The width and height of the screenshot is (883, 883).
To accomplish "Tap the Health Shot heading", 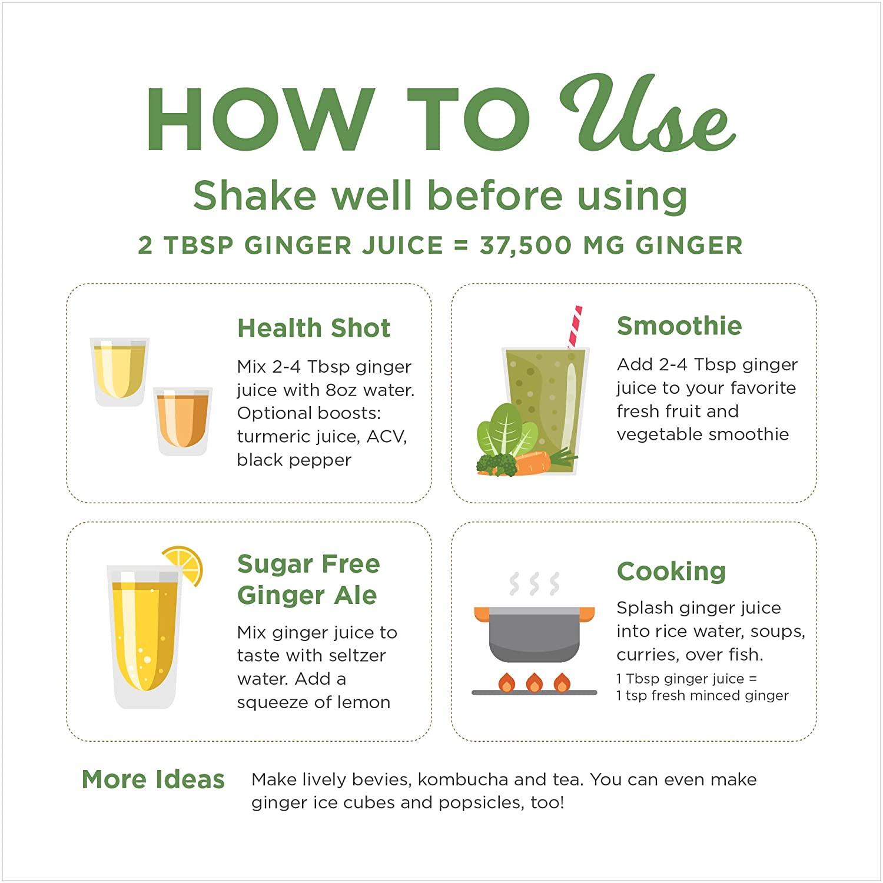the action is click(314, 328).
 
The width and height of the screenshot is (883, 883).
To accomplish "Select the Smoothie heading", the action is click(679, 326).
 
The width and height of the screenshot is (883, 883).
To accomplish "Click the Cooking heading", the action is click(671, 572).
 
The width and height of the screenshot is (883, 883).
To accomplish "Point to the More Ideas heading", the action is click(153, 779).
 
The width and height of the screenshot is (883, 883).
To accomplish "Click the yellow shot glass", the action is click(119, 371).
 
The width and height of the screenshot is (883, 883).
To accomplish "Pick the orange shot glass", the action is click(182, 421).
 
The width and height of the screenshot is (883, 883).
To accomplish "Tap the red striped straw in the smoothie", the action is click(575, 327).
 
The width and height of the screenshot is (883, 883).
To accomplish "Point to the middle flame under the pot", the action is click(535, 682).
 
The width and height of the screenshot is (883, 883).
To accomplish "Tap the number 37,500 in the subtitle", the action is click(526, 245).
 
